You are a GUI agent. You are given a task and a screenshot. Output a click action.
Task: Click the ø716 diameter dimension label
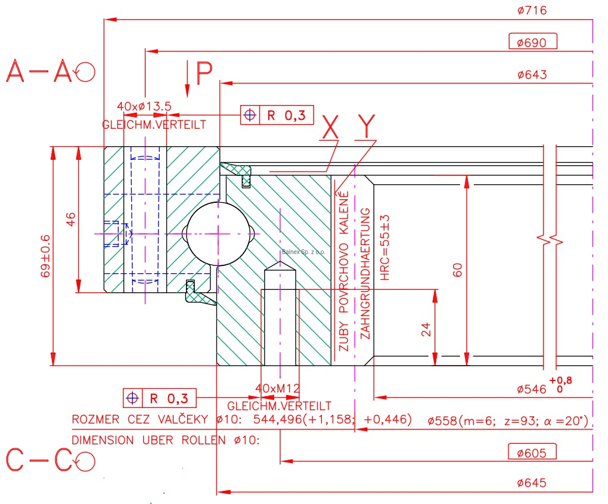tap(532, 11)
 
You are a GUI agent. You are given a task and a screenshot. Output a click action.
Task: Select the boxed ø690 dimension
tap(532, 42)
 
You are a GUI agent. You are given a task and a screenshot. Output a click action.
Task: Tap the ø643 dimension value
tap(532, 75)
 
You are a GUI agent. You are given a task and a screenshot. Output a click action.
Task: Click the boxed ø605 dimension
tap(532, 453)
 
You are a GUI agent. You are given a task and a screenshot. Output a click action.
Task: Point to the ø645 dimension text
tap(532, 483)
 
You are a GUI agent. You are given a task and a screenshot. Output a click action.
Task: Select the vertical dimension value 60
tap(457, 270)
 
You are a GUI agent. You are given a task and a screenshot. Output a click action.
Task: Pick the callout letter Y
tap(367, 125)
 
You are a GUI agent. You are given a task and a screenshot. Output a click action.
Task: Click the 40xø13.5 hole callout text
tap(144, 106)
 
